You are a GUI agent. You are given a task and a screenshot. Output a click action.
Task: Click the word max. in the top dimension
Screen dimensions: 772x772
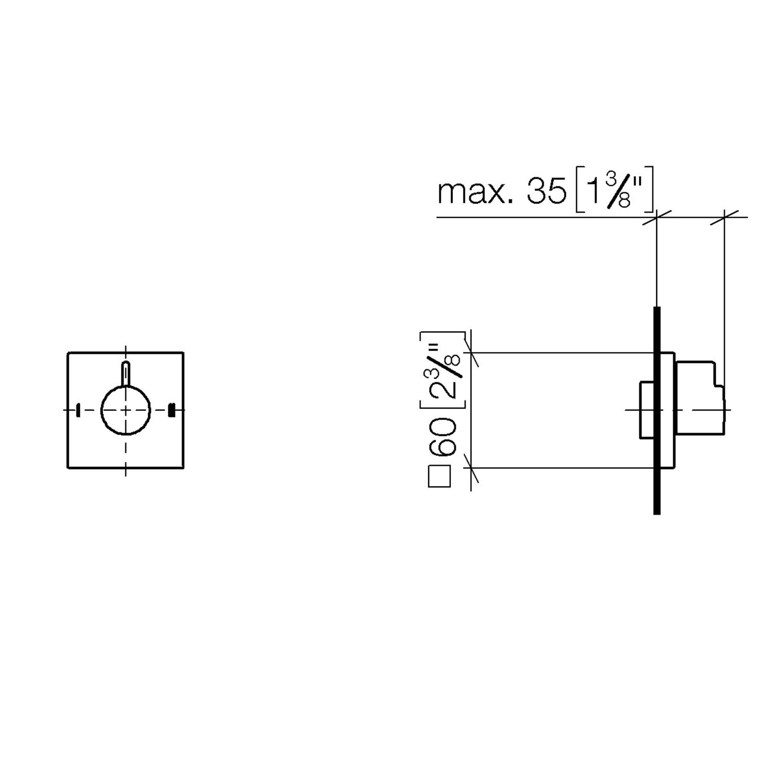point(476,192)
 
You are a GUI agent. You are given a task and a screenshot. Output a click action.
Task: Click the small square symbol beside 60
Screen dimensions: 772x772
point(440,476)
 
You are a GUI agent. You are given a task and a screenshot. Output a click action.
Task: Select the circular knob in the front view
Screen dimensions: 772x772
point(126,410)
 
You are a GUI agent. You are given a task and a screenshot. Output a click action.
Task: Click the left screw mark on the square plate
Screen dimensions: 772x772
point(78,410)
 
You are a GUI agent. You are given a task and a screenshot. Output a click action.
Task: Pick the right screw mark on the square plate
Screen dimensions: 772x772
point(172,410)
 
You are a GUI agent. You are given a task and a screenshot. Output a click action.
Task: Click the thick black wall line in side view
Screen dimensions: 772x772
point(657,410)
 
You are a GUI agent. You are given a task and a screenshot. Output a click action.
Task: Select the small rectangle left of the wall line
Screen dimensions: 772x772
point(647,410)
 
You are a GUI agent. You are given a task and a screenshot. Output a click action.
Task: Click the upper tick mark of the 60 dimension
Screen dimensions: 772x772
point(471,353)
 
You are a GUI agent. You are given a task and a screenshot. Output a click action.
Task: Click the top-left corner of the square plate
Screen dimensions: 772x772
point(68,353)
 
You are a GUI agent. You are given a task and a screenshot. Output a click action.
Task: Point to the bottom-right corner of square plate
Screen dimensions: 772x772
point(184,468)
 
